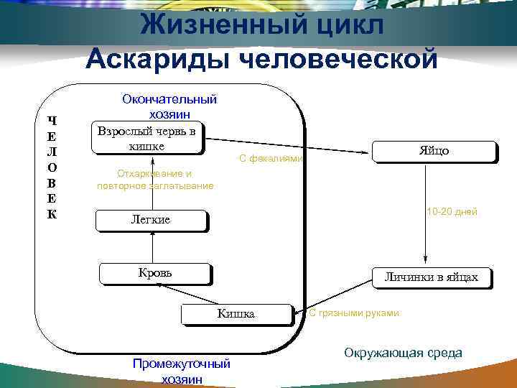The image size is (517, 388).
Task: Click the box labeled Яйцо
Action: tap(434, 152)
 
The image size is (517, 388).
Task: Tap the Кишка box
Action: tap(236, 314)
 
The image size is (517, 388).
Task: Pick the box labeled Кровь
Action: tap(155, 273)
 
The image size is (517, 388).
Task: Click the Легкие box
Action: tap(151, 220)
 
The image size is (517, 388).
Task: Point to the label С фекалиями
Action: tap(271, 159)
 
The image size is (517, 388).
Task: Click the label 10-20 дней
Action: tap(452, 212)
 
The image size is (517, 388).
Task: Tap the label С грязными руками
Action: tap(353, 313)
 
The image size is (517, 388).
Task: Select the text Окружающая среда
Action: tap(403, 353)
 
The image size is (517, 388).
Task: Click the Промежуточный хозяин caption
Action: tap(182, 371)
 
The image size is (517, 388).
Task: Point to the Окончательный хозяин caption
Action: tap(169, 106)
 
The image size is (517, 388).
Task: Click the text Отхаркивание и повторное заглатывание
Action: tap(154, 180)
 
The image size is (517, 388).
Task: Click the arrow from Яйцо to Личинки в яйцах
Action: tap(427, 216)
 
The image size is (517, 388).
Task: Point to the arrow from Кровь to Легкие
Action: tap(152, 247)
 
